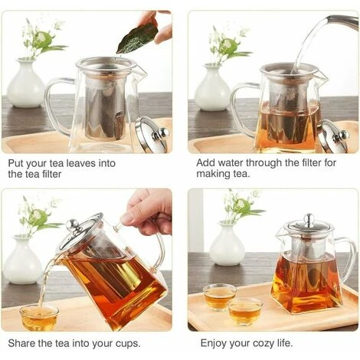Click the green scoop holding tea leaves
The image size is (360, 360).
tap(138, 37)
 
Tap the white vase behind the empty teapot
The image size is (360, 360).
tap(27, 84)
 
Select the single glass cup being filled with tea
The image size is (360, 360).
tap(39, 316)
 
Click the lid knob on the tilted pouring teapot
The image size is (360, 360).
tap(73, 225)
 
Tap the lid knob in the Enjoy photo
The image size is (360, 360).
tap(307, 220)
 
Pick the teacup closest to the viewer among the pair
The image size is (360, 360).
tap(244, 310)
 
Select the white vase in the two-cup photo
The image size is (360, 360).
tap(227, 247)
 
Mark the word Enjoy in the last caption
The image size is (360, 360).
tap(217, 342)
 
